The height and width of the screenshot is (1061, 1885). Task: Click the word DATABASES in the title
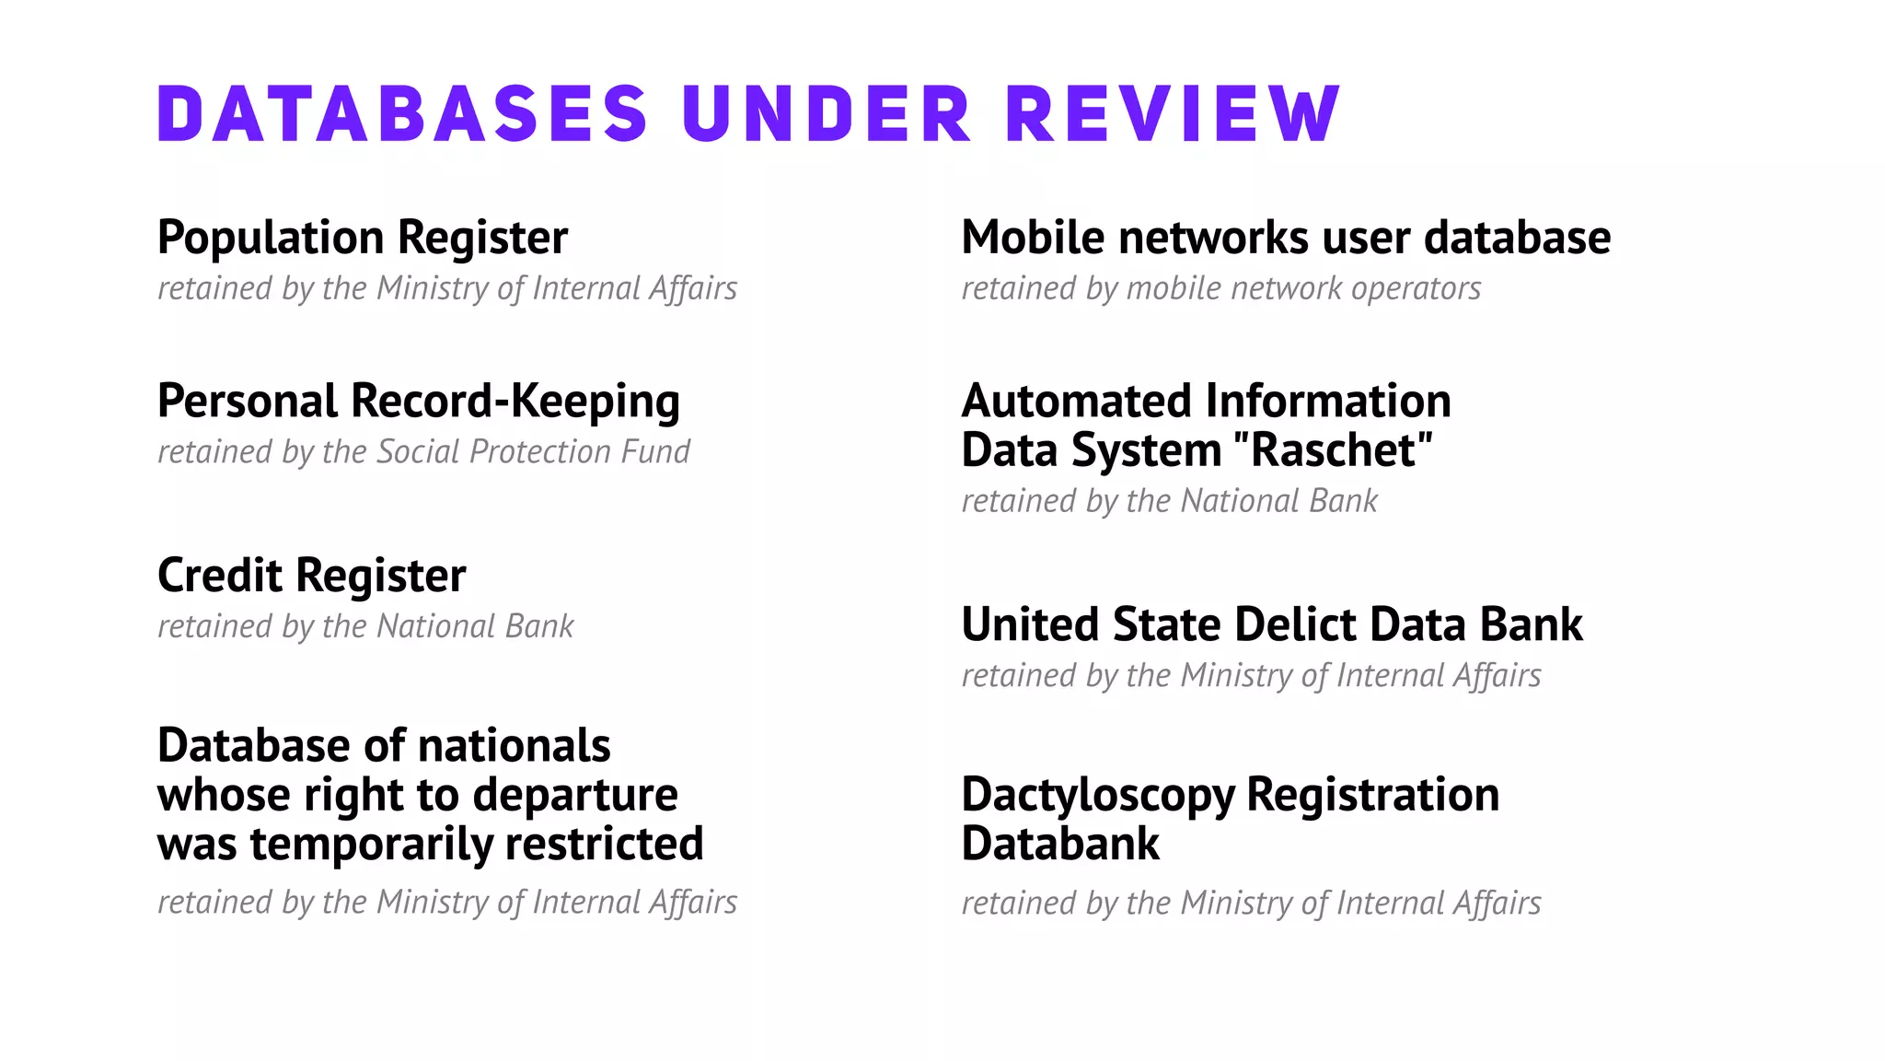click(403, 114)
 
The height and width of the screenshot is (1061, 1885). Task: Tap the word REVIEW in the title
click(1173, 114)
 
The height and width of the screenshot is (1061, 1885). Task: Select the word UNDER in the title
click(827, 114)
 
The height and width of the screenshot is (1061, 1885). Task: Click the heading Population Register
click(363, 239)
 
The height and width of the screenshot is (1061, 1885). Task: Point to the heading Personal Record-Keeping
click(419, 402)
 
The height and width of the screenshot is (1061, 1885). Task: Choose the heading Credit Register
click(311, 577)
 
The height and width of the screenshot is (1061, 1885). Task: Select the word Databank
click(1060, 845)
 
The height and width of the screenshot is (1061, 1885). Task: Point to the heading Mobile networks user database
click(1286, 239)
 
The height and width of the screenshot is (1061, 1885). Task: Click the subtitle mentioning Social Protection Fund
click(423, 452)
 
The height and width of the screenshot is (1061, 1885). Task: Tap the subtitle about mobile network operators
click(1220, 289)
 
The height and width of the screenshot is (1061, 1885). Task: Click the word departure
click(575, 796)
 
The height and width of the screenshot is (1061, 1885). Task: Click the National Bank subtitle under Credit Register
click(365, 627)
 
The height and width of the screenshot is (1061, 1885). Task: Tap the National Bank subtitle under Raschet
click(1169, 502)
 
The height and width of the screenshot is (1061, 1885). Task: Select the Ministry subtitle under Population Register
click(447, 289)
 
